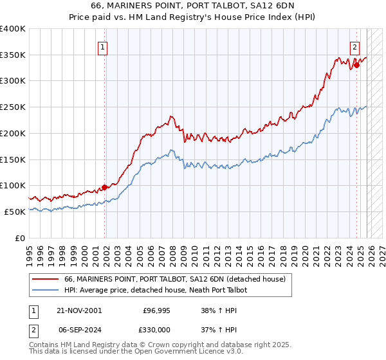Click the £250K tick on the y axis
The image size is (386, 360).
(13, 107)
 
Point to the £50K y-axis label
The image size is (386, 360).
(15, 212)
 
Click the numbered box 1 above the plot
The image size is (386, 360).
(103, 46)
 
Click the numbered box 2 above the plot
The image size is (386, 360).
(354, 46)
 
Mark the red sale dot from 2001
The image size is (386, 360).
(104, 188)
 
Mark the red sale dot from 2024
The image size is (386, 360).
(356, 65)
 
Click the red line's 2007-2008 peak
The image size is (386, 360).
(171, 116)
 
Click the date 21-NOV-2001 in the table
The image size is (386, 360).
(79, 310)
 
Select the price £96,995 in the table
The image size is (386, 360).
(157, 310)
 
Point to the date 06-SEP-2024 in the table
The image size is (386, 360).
(79, 328)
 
